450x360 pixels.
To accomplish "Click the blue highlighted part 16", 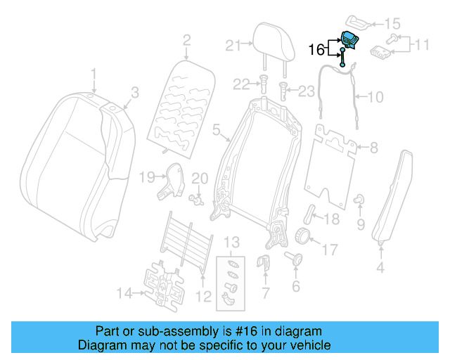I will [348, 41].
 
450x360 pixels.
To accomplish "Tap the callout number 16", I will [317, 49].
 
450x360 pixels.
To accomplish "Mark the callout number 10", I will [375, 96].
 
